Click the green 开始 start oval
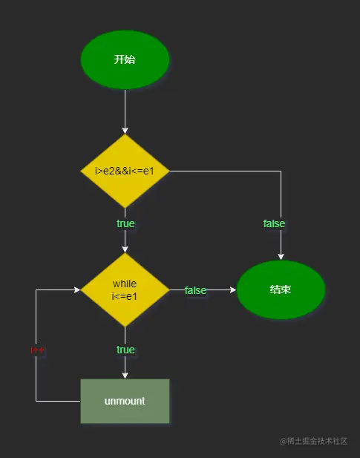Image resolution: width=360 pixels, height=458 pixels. [x=125, y=59]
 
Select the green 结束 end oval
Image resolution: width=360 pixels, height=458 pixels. [x=281, y=289]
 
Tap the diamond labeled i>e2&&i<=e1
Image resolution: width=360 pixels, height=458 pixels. [x=125, y=171]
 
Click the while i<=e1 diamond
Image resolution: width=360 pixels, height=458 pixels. [x=125, y=290]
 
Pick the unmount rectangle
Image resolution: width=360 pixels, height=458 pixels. [x=125, y=401]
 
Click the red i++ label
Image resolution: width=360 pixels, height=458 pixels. [x=38, y=350]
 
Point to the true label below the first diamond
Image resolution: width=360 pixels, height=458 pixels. [x=125, y=223]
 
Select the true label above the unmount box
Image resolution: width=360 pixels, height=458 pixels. [x=125, y=350]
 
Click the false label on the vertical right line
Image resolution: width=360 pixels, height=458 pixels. [x=274, y=223]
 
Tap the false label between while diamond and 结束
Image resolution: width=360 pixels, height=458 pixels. [x=195, y=290]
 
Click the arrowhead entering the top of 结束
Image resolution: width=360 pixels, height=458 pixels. [x=281, y=256]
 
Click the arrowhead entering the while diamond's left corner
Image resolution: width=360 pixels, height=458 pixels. [x=76, y=290]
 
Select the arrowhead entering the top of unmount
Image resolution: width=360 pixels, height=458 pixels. [x=125, y=375]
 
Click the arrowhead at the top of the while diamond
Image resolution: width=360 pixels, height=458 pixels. [x=125, y=249]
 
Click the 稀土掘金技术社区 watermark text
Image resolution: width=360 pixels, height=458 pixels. [x=313, y=441]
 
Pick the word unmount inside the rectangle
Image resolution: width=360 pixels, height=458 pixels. [x=125, y=401]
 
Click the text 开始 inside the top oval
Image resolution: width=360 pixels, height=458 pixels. [x=125, y=59]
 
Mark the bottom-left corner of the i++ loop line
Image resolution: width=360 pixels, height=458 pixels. [x=36, y=401]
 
